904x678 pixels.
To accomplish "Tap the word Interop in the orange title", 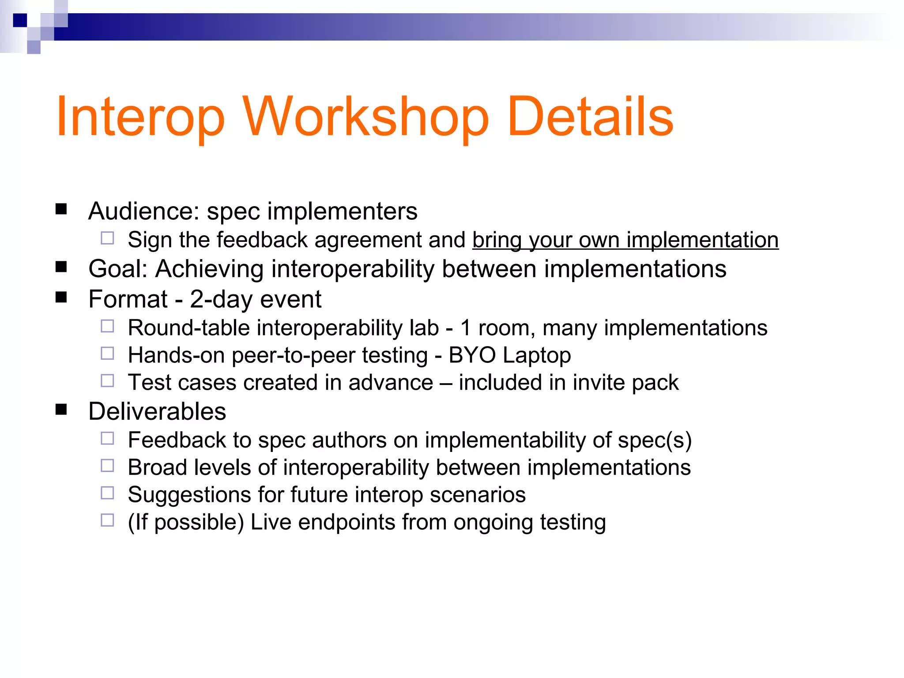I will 140,117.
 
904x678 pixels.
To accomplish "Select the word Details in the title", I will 590,117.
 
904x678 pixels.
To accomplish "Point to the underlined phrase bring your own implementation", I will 625,240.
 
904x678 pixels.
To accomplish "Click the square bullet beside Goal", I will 61,267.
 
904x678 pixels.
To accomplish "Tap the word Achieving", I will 209,269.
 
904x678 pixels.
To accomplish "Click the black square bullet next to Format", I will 61,297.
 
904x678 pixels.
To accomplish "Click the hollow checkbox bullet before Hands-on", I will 107,354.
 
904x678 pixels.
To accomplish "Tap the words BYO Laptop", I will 509,355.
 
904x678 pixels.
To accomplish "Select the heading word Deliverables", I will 157,411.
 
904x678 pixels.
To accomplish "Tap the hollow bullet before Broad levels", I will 107,466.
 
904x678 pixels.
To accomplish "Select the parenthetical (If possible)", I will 185,522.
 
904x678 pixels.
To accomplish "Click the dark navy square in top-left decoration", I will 20,20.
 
